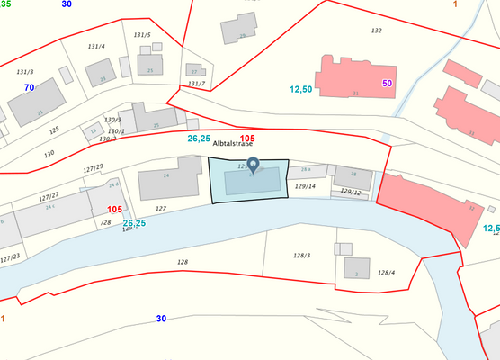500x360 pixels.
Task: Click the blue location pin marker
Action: click(253, 165)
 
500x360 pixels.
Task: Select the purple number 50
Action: click(388, 83)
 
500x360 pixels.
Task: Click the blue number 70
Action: click(30, 87)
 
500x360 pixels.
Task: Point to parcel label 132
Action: click(377, 31)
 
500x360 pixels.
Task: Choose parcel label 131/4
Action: click(96, 46)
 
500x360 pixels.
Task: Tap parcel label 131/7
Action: click(196, 84)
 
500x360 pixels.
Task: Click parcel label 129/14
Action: click(306, 186)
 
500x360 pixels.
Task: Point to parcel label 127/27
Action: click(49, 195)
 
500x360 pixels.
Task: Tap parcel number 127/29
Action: click(94, 166)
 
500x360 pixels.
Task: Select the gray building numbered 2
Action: click(356, 267)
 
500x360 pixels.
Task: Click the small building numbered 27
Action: click(194, 69)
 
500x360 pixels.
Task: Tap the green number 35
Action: click(6, 4)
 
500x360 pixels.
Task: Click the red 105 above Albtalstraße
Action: click(247, 139)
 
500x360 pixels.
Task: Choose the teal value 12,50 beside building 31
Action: click(301, 89)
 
